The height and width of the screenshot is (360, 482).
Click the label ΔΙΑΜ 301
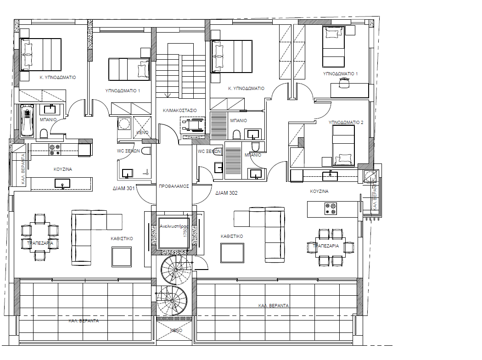[x=123, y=188]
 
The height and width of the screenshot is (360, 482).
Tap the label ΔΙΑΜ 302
[x=226, y=193]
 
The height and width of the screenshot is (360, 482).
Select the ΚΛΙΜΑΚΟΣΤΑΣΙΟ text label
[x=180, y=111]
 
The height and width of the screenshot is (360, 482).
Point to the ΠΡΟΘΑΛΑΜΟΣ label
[x=174, y=187]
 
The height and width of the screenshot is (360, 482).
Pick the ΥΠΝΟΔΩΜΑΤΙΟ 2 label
[x=346, y=123]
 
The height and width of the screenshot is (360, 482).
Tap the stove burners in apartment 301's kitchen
[x=55, y=147]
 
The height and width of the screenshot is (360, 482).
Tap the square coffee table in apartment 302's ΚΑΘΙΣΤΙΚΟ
[x=232, y=253]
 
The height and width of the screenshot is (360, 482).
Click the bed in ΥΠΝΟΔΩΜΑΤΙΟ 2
[x=343, y=145]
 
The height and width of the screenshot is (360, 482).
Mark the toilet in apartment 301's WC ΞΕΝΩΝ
[x=146, y=151]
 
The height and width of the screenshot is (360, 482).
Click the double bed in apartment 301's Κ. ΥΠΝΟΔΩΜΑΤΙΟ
[x=40, y=54]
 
